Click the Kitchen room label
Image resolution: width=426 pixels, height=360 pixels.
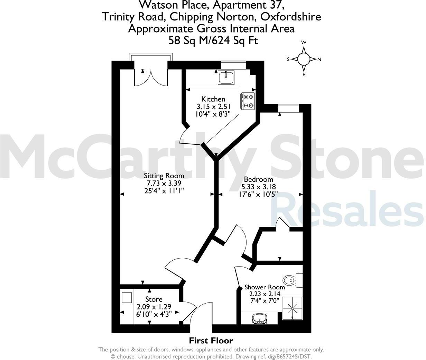pos(213,99)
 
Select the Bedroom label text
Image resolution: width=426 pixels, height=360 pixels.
pos(258,179)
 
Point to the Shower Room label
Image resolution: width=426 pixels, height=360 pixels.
pos(265,287)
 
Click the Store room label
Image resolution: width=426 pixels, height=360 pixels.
pos(154,299)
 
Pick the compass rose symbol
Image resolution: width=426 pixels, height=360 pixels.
pos(304,59)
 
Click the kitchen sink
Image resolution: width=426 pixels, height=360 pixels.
pos(226,77)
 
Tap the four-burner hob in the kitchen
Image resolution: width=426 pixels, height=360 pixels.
pos(248,101)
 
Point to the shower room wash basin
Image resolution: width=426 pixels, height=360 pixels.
pos(259,319)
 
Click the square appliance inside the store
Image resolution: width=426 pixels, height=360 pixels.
pos(126,298)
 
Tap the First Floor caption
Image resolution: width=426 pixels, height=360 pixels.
pos(211,341)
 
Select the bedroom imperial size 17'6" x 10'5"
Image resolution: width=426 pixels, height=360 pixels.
pos(258,195)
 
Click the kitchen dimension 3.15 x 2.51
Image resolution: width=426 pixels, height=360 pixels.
pos(213,106)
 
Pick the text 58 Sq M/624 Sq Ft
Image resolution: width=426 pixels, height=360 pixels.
pos(213,40)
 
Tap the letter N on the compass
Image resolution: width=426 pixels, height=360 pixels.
pos(319,59)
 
